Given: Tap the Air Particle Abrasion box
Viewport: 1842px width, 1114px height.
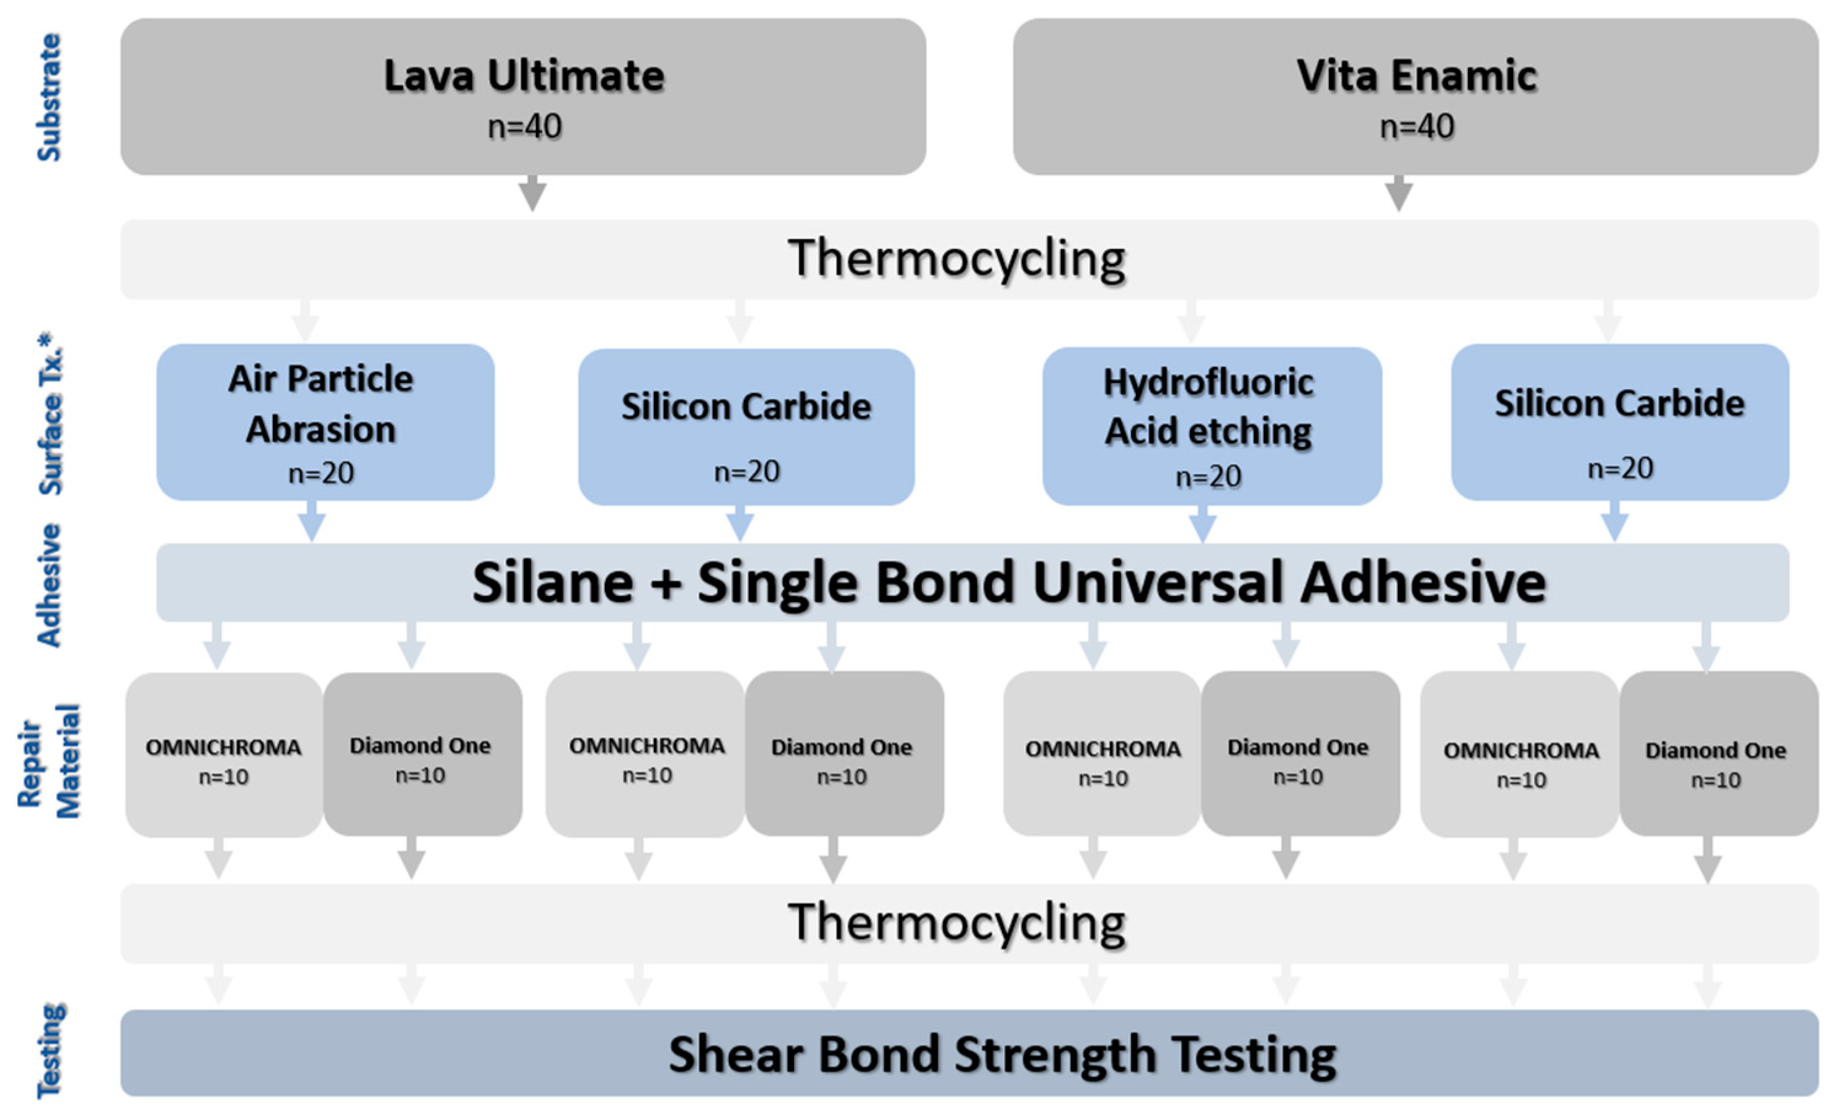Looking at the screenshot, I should pos(325,422).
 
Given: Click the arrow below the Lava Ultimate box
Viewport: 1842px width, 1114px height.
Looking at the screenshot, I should pos(532,193).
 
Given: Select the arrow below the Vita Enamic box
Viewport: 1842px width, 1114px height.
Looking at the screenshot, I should pos(1398,193).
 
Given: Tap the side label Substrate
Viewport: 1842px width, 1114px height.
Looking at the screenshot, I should pos(49,97).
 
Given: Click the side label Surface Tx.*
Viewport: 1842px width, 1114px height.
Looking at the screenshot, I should pos(51,415).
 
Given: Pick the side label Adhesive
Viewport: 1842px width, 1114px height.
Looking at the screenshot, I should pos(49,585).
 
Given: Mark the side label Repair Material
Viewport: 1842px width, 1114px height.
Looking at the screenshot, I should pos(49,761).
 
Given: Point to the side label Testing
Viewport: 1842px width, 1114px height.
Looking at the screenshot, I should pos(51,1051).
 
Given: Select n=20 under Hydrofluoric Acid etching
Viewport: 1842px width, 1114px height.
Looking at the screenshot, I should pos(1208,476).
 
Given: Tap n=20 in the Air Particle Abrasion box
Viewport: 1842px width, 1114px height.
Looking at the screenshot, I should pos(321,473).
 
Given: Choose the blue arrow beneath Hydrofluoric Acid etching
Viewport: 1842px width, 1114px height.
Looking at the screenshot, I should pos(1202,523).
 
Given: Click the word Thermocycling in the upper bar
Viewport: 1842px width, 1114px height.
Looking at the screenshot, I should pos(957,259).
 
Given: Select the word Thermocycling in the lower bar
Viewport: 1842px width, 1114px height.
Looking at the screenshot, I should pos(957,923).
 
